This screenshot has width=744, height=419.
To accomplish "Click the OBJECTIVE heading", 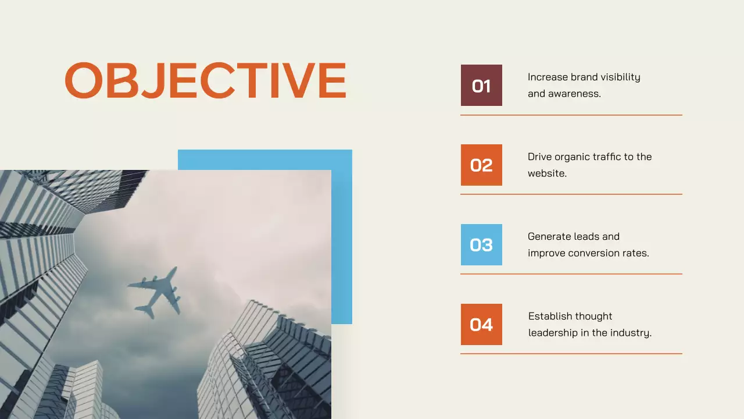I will (x=205, y=80).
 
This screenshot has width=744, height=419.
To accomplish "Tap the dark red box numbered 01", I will (x=481, y=86).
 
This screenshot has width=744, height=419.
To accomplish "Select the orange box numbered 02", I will (x=481, y=165).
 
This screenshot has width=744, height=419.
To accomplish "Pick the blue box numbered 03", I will (x=481, y=245).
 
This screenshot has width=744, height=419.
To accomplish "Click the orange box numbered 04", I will (x=481, y=325).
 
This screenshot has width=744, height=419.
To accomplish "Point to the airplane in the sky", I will (x=155, y=292).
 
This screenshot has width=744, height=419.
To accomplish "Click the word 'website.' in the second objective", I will (x=547, y=173).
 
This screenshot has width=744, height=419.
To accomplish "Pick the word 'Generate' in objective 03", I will (x=549, y=237).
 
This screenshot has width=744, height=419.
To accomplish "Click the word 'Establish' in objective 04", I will (x=549, y=317).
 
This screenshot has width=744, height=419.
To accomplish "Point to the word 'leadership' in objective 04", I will (x=553, y=333).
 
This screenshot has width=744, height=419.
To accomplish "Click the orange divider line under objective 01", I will (x=571, y=115).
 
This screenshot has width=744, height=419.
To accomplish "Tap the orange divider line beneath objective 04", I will (x=571, y=353).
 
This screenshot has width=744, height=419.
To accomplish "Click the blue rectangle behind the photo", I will (x=342, y=233).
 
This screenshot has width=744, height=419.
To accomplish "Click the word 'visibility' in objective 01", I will (x=621, y=77).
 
